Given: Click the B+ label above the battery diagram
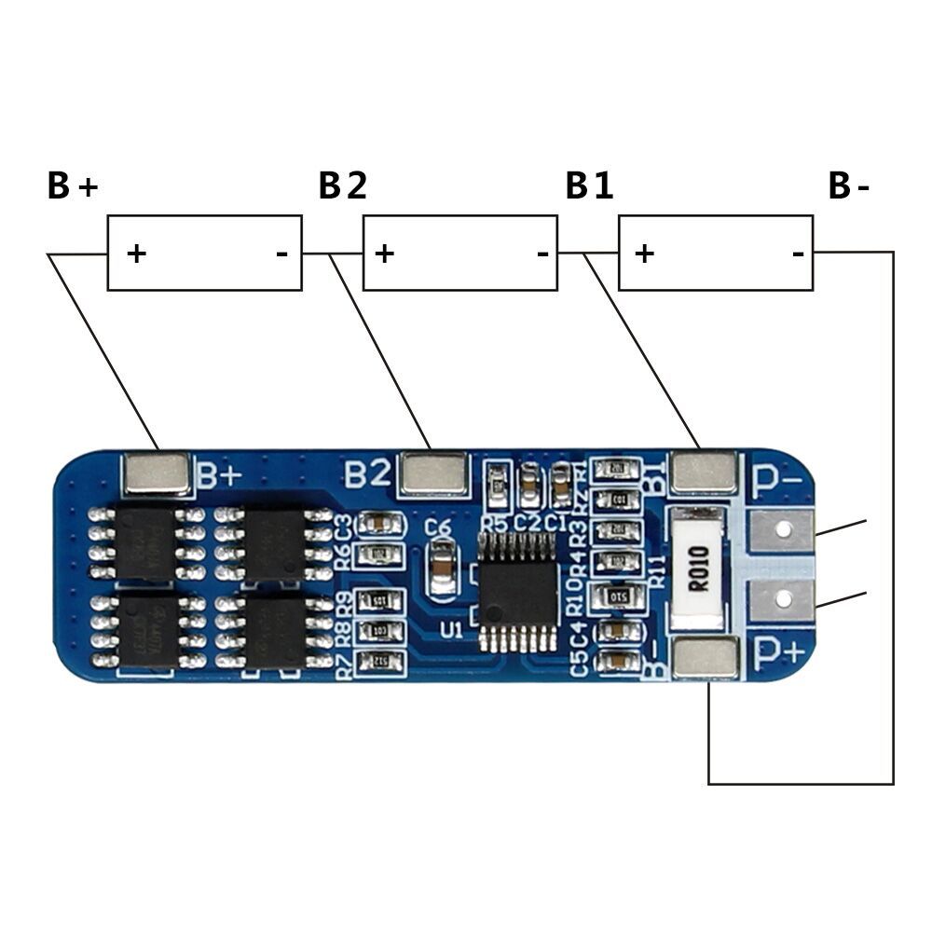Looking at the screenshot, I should (72, 186).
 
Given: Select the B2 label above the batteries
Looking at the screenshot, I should (342, 186).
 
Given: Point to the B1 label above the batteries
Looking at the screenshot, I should (589, 186).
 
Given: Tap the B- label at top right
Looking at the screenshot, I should (848, 186).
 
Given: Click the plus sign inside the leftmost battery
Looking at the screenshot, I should (137, 253).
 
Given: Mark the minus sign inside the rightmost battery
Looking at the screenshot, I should (798, 253).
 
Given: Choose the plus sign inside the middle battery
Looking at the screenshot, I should (385, 253).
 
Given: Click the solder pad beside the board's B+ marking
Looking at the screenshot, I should (157, 473).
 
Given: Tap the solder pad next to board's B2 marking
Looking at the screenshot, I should (432, 473).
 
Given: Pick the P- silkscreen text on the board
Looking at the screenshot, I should (778, 479).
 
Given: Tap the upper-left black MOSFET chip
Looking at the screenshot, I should (145, 542).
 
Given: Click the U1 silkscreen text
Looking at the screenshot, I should (452, 630).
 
